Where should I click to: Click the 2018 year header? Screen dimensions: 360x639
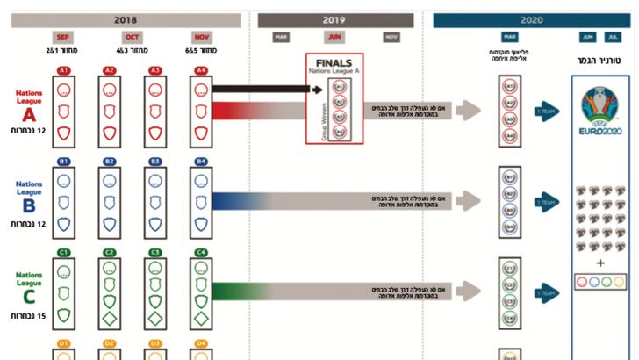(x=126, y=19)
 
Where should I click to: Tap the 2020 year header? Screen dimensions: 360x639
(x=531, y=19)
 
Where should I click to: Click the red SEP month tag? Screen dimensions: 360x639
(x=63, y=37)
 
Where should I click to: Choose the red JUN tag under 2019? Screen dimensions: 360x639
(x=334, y=37)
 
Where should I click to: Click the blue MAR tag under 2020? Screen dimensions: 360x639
(x=510, y=37)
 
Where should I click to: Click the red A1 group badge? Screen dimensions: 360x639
(x=63, y=70)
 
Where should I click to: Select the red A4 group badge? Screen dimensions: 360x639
(x=201, y=70)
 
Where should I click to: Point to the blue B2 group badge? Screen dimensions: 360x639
(x=109, y=162)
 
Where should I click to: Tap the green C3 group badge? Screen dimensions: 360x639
(x=155, y=253)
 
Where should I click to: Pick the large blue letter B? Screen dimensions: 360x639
(x=29, y=205)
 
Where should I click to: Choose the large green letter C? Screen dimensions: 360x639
(x=29, y=296)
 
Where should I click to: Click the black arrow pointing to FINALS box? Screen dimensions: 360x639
(x=263, y=89)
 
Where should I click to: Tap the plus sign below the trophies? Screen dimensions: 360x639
(x=600, y=263)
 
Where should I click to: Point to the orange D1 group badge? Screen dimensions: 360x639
(x=63, y=343)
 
